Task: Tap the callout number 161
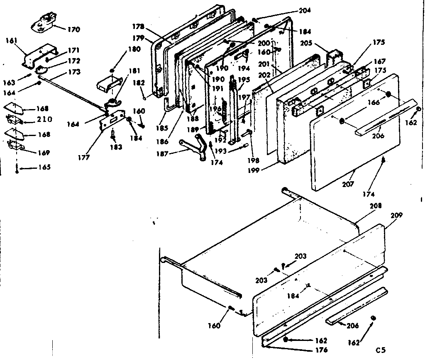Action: [12, 41]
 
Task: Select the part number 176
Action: [321, 350]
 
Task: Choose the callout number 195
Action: [244, 80]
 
